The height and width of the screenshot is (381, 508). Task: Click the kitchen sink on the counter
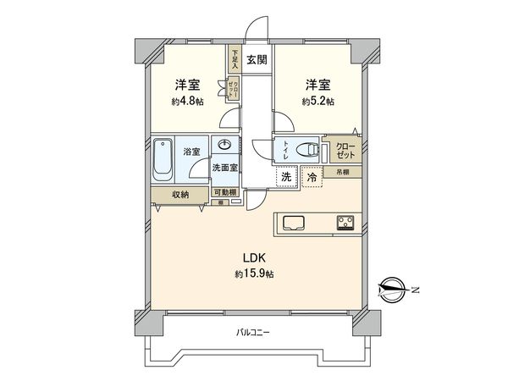coord(294,224)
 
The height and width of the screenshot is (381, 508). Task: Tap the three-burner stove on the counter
coord(345,224)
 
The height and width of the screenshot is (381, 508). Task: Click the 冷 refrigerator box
coord(312,179)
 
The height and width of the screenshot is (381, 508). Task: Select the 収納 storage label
coord(179,195)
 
